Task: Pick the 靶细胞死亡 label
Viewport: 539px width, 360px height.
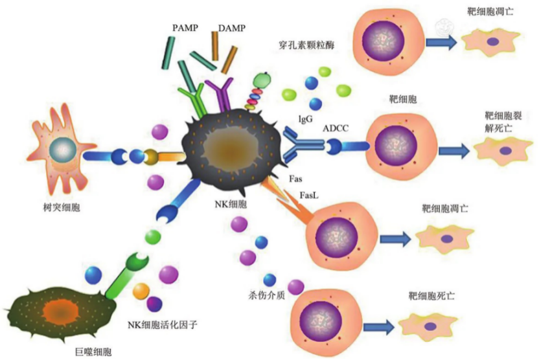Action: (x=431, y=296)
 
